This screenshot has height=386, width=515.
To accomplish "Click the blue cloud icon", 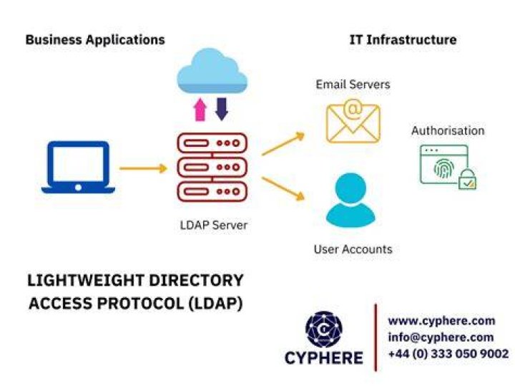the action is [212, 72].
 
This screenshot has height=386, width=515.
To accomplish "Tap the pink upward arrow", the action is [200, 110].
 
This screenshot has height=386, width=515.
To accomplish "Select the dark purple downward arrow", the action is [222, 109].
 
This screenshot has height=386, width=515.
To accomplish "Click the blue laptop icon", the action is [78, 167].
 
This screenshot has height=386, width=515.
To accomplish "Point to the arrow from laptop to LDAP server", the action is [143, 168].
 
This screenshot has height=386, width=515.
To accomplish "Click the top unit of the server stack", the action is [212, 143].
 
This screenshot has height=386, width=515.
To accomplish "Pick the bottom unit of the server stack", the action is [212, 191].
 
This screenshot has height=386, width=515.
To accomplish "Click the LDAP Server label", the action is [213, 225].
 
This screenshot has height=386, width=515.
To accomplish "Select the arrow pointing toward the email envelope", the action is [283, 143].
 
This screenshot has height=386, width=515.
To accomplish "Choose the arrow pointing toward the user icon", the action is [283, 189].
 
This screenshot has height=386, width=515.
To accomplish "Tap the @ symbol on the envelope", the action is [353, 109].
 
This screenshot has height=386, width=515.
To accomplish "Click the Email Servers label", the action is [353, 85].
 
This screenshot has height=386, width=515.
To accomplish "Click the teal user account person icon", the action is [350, 200].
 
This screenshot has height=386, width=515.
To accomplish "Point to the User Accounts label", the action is [353, 249].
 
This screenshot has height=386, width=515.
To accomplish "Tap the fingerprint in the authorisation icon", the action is [444, 168].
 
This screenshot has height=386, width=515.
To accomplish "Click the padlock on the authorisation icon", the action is [467, 180].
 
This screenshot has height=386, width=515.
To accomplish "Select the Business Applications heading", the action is [95, 40].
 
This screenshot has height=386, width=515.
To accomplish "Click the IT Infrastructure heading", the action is [403, 40].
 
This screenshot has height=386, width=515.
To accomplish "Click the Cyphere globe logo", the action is [324, 329].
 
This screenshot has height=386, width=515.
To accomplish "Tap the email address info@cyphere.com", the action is [441, 337].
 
